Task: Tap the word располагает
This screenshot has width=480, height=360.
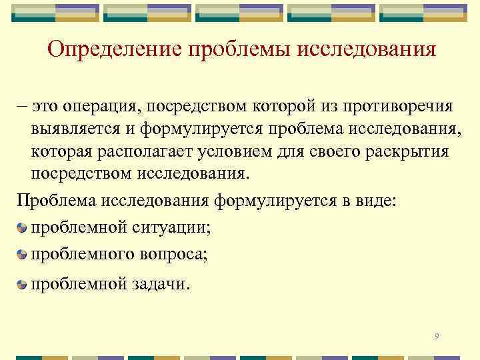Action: pos(147,151)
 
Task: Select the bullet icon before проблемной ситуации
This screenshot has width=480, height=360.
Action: pos(23,229)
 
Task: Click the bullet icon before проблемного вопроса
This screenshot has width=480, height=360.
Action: pos(23,254)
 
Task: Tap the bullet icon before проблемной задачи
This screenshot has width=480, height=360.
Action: pos(23,285)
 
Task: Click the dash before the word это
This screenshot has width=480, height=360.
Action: pos(22,106)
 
